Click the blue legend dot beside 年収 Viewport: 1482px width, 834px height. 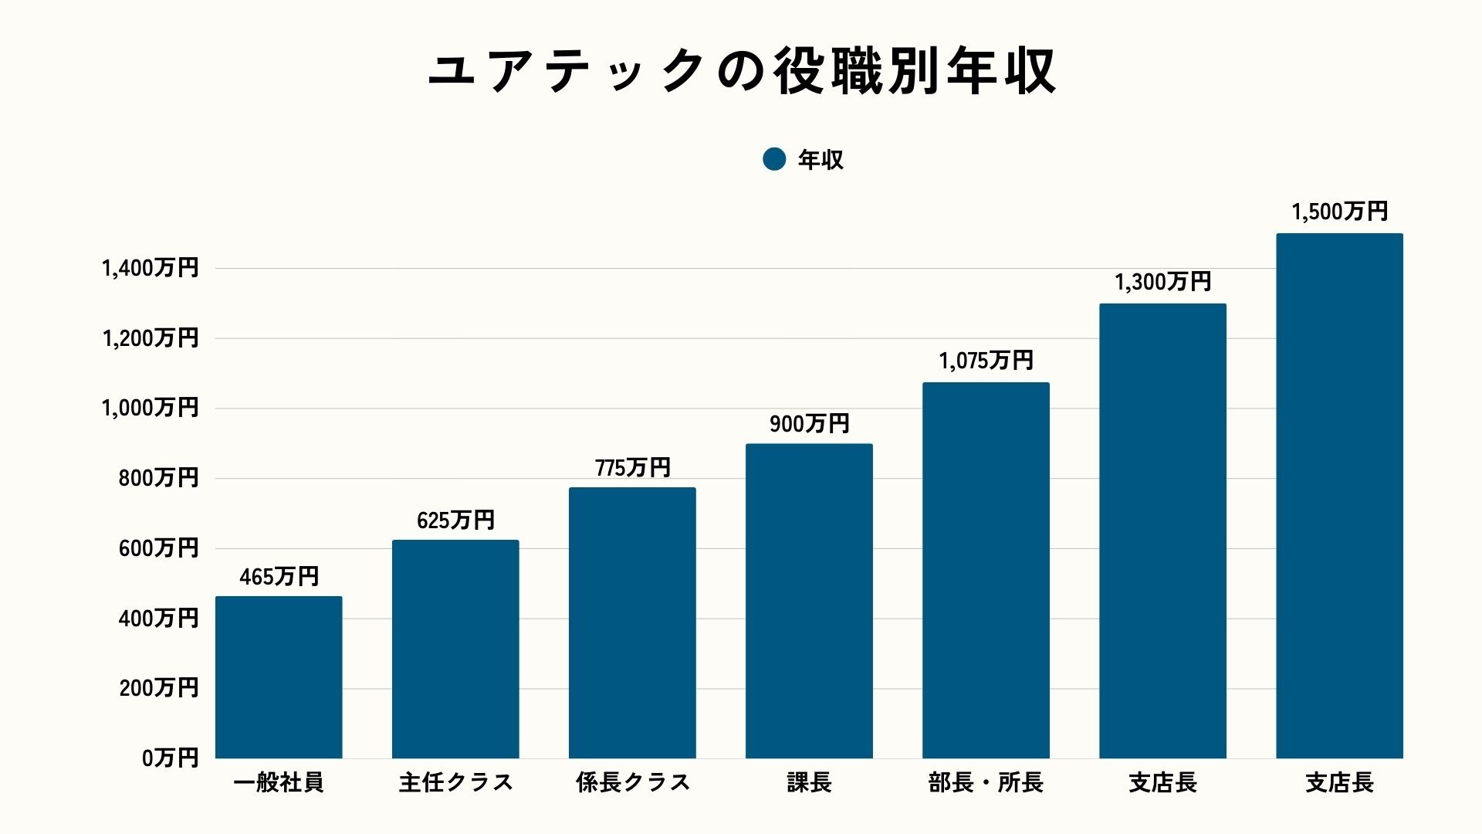click(773, 159)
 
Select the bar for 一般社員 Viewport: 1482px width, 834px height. click(279, 677)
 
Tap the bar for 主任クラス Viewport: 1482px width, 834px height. click(455, 649)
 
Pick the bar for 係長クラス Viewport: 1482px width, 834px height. click(632, 622)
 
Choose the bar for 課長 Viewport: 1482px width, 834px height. click(809, 601)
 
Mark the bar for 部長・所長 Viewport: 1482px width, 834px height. click(986, 570)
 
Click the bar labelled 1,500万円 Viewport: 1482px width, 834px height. click(1339, 496)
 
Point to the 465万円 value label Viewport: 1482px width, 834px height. click(279, 577)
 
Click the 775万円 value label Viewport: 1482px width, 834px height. click(632, 468)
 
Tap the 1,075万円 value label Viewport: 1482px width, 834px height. click(986, 361)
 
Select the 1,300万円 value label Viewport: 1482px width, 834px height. click(1162, 282)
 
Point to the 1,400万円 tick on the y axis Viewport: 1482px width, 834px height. click(151, 268)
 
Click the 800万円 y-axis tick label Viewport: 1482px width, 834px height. click(158, 478)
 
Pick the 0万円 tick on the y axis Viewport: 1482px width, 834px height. click(170, 758)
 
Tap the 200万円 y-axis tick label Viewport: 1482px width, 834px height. click(158, 688)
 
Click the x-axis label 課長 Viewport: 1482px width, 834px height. click(809, 783)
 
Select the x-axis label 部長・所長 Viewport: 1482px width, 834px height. click(986, 783)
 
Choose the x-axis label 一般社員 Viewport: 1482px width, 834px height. click(279, 783)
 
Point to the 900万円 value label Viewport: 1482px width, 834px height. click(809, 424)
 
